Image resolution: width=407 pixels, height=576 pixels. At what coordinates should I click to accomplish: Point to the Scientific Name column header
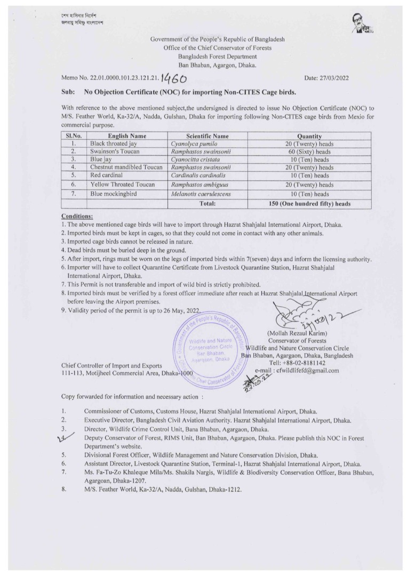207,136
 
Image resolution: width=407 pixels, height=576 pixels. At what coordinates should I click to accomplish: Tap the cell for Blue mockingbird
114,194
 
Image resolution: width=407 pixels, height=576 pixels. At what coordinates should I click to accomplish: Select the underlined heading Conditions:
77,217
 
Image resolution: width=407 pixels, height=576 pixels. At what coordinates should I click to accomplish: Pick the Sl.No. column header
74,136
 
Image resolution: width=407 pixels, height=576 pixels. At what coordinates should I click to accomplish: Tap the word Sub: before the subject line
69,92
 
